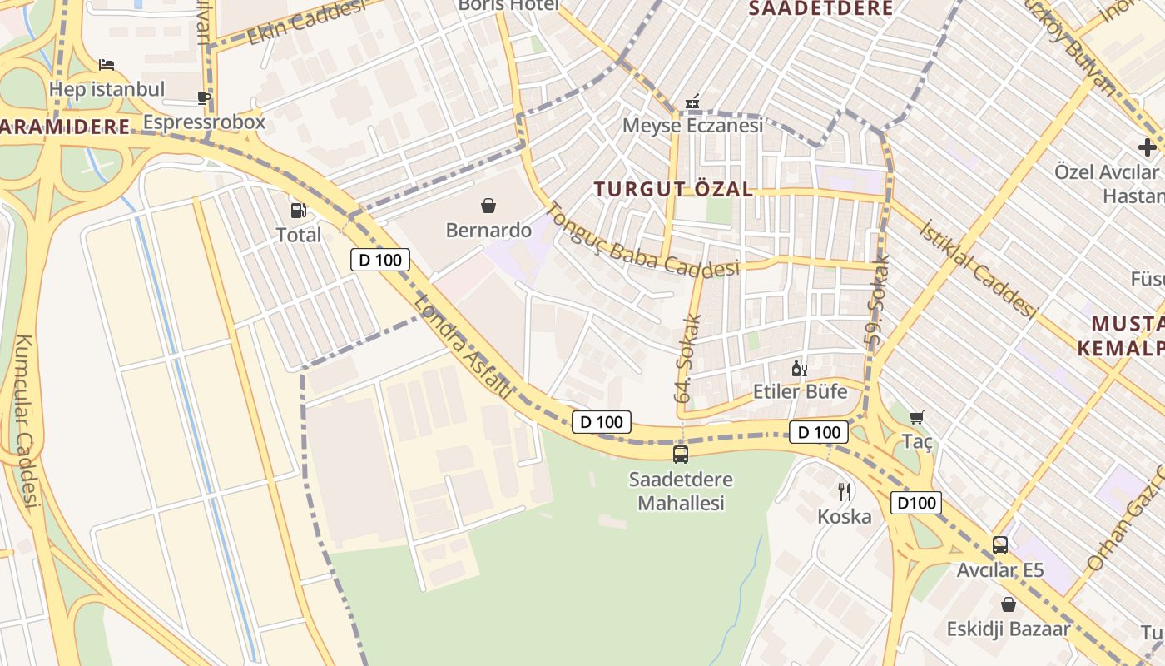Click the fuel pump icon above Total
pyautogui.click(x=298, y=211)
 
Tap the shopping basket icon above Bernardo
pyautogui.click(x=488, y=205)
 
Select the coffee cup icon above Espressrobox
pyautogui.click(x=204, y=97)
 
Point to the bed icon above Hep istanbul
pyautogui.click(x=107, y=64)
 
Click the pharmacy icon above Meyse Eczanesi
pyautogui.click(x=692, y=102)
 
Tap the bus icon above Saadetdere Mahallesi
pyautogui.click(x=681, y=455)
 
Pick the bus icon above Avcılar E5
pyautogui.click(x=1000, y=545)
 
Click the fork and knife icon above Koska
pyautogui.click(x=845, y=492)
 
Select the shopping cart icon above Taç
pyautogui.click(x=917, y=417)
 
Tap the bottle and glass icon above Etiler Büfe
pyautogui.click(x=799, y=368)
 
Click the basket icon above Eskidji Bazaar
pyautogui.click(x=1009, y=604)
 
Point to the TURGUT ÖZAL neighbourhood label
pyautogui.click(x=674, y=189)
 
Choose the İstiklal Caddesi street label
pyautogui.click(x=979, y=270)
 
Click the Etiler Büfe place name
pyautogui.click(x=800, y=391)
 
